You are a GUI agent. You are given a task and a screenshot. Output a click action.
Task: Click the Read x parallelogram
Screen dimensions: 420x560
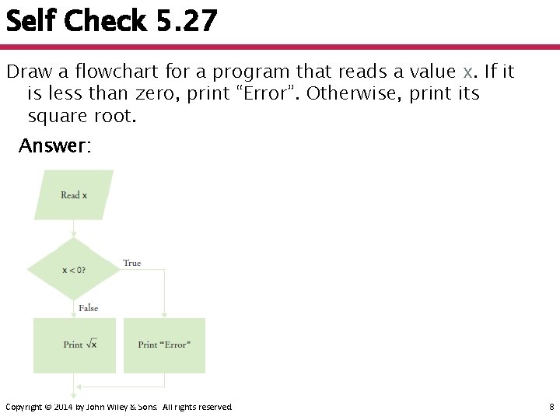click(x=74, y=194)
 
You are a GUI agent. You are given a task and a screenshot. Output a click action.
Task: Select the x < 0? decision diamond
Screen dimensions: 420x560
click(x=74, y=270)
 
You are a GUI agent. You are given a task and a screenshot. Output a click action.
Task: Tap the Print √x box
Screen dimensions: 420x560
click(x=74, y=345)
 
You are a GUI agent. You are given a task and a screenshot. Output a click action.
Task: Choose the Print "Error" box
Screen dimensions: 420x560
click(x=164, y=345)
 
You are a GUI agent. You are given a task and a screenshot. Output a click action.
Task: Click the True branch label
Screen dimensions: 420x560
click(x=132, y=264)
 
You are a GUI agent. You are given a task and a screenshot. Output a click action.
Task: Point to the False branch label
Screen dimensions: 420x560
click(x=89, y=308)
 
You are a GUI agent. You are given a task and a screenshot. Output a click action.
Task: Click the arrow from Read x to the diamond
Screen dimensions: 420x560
click(x=74, y=229)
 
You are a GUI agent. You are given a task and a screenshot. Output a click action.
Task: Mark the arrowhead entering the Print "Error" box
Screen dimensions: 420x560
click(x=164, y=313)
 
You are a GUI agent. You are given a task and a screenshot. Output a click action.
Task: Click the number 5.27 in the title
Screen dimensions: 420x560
click(x=187, y=21)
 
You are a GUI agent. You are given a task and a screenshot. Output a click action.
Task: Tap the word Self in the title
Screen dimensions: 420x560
click(x=30, y=21)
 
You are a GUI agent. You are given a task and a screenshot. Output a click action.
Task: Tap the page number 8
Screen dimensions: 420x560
click(x=551, y=407)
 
